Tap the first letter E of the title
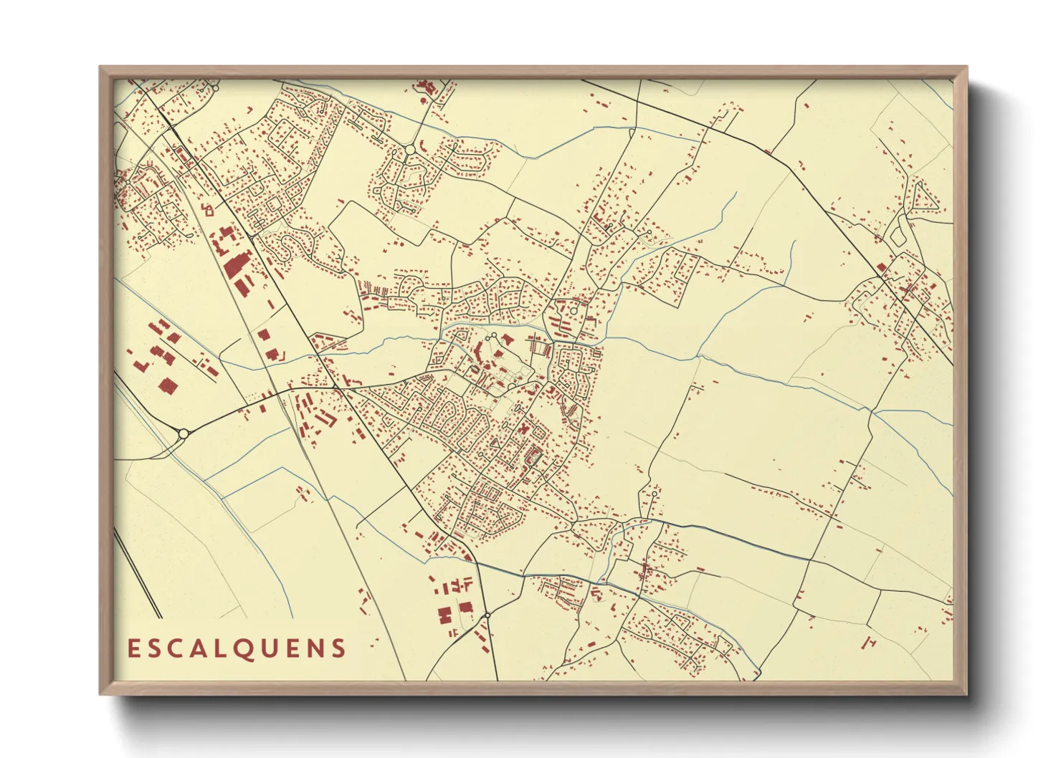133,648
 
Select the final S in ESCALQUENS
338,648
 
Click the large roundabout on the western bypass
183,433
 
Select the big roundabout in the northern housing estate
409,149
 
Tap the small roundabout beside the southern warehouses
487,615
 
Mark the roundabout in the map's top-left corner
214,88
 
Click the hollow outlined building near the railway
209,210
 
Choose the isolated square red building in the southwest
168,386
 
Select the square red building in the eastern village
882,268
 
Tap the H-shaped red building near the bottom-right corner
871,642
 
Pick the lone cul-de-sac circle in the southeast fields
654,494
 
